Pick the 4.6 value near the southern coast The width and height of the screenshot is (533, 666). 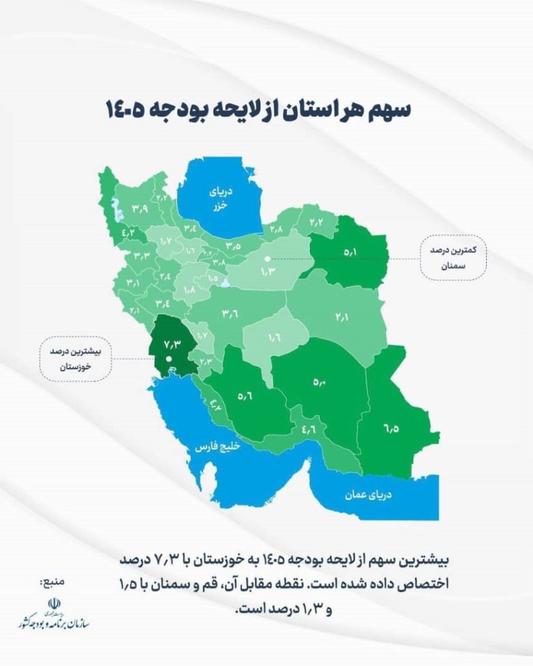pos(308,429)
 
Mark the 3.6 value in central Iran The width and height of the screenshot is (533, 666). pos(229,315)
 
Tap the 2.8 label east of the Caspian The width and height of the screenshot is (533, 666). pos(275,230)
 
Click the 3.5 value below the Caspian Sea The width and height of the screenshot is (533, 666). pos(234,245)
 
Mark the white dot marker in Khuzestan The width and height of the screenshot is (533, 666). pos(169,358)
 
